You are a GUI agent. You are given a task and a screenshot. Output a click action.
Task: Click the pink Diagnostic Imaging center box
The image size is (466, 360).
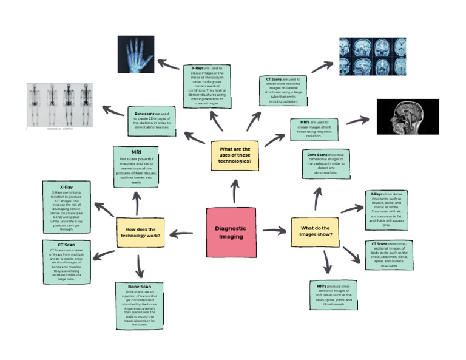231,232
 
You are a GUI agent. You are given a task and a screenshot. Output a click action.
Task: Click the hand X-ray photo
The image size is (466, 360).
136,55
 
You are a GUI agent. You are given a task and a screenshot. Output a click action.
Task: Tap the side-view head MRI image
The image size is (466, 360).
407,117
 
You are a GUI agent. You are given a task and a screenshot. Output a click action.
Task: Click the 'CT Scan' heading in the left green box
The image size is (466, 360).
66,245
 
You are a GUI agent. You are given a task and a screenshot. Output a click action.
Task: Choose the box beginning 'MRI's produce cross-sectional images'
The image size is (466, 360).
330,296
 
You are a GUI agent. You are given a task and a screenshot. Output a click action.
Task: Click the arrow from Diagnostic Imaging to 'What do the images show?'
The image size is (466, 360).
274,231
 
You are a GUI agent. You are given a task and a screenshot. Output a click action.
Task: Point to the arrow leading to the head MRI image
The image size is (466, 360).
357,121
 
